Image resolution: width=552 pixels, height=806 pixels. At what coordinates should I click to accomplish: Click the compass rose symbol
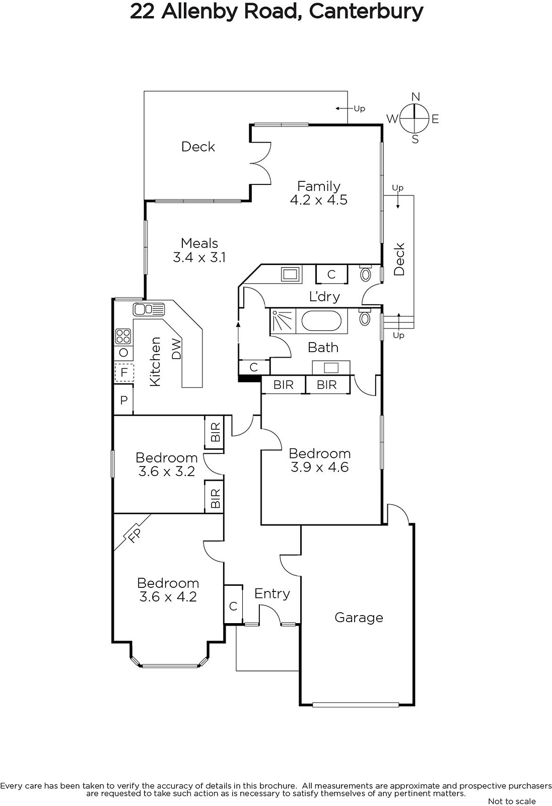tap(415, 118)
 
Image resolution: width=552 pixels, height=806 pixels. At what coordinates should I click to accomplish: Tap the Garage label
tap(359, 618)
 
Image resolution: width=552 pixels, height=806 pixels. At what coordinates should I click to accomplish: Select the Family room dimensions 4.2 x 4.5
tap(319, 199)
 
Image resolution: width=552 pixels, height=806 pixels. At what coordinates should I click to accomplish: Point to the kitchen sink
tap(149, 309)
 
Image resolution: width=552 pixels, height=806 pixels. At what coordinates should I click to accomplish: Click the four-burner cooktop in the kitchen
tap(123, 337)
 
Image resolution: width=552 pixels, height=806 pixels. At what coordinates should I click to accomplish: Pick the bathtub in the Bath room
tap(321, 321)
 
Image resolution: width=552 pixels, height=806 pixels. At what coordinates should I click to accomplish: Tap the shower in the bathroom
tap(283, 320)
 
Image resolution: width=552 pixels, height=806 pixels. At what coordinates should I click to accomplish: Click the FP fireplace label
tap(134, 536)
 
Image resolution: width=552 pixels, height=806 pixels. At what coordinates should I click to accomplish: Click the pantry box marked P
tap(123, 400)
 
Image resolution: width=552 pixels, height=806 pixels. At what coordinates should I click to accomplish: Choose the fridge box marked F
tap(124, 372)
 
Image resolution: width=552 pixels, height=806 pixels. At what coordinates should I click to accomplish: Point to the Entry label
tap(272, 594)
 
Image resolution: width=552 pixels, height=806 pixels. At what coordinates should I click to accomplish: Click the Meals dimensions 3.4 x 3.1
tap(199, 257)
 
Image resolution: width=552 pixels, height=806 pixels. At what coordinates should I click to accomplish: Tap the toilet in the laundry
tap(365, 274)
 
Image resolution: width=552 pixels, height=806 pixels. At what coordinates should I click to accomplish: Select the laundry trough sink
tap(290, 274)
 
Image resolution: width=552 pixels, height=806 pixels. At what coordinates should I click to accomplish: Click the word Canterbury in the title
tap(366, 12)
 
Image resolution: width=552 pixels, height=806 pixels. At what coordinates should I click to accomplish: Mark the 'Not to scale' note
tap(512, 801)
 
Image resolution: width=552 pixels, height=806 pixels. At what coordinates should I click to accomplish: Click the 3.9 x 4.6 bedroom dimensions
tap(319, 467)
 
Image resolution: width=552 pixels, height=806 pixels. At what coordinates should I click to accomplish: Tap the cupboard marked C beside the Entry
tap(233, 606)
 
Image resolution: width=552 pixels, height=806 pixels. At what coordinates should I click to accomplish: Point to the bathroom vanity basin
tap(331, 368)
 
